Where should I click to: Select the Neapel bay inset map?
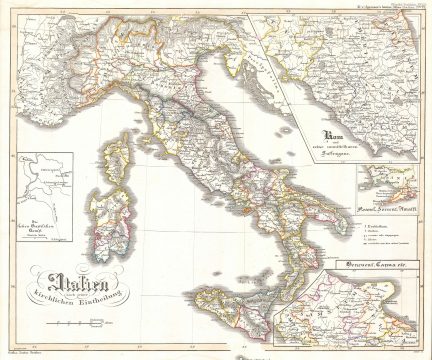(385, 185)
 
